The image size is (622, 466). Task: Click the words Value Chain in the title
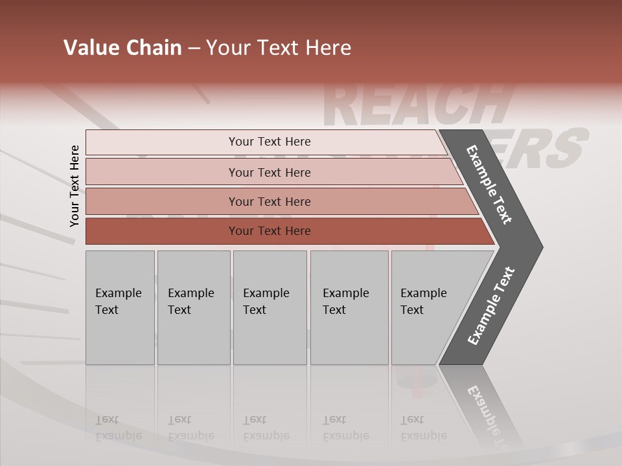[x=122, y=48]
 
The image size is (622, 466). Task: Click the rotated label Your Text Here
[x=75, y=186]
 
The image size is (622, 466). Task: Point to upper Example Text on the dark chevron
[x=489, y=184]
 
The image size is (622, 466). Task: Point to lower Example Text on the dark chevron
[x=490, y=306]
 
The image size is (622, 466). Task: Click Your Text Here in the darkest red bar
[x=270, y=231]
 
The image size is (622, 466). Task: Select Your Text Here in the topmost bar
[x=270, y=142]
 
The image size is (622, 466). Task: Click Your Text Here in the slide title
[x=279, y=48]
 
